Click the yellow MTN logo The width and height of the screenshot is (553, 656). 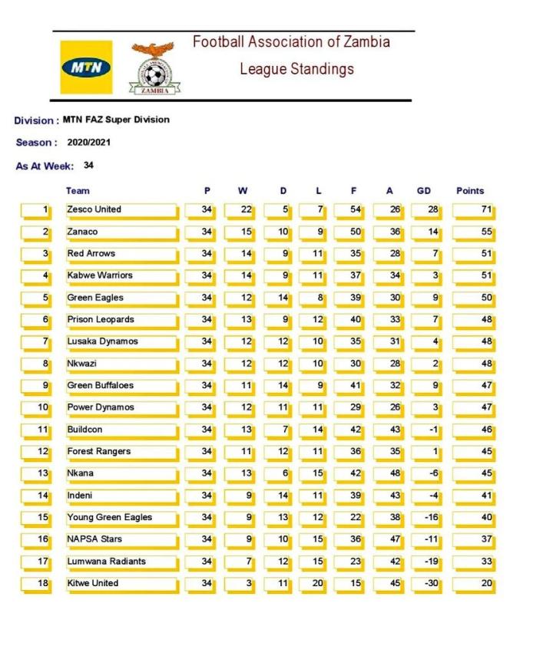click(86, 68)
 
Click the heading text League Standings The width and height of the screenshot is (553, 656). click(296, 69)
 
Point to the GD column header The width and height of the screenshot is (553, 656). click(423, 191)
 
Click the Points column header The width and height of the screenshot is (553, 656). click(470, 191)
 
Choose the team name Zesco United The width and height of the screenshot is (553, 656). click(94, 209)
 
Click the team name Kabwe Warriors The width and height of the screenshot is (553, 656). click(100, 275)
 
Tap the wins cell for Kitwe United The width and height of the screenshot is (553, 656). click(240, 583)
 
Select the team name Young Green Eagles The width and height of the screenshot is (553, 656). click(109, 517)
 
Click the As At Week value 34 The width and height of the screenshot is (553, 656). click(89, 165)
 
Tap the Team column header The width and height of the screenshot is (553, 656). click(78, 191)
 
